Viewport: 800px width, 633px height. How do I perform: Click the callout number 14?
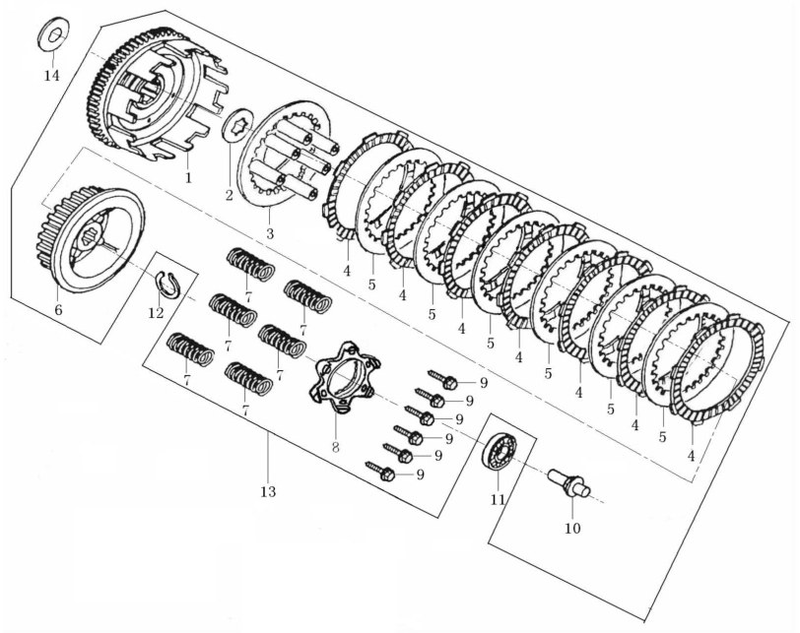(51, 76)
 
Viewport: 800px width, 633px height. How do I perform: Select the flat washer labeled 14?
(54, 34)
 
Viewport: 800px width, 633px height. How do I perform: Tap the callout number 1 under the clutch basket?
(188, 178)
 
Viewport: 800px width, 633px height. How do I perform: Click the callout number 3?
(269, 234)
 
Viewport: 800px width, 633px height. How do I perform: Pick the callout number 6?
(58, 309)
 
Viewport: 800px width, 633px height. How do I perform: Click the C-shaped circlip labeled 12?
(167, 284)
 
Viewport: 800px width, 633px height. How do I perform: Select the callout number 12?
(156, 312)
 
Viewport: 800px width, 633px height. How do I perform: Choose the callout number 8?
(335, 447)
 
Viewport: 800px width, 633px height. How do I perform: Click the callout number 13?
(268, 492)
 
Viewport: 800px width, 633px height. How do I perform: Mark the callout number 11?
(498, 500)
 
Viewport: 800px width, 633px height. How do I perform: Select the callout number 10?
(572, 528)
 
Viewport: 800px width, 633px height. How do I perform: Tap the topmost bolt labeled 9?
(441, 380)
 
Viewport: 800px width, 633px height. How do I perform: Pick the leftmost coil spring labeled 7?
(191, 349)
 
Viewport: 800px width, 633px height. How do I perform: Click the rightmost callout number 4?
(692, 456)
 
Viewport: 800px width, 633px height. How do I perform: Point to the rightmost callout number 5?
(662, 437)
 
